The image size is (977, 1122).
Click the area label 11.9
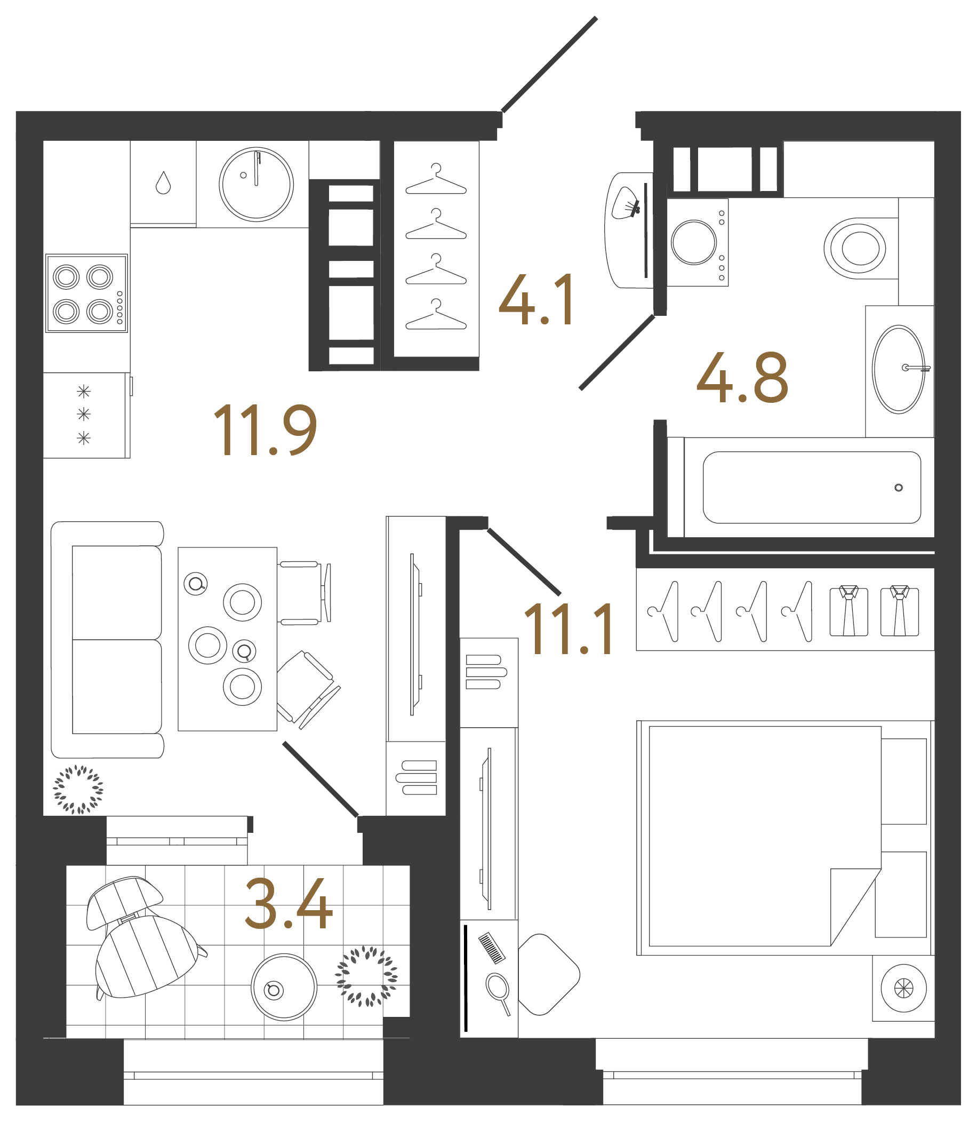(265, 431)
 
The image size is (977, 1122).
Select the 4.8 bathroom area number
(742, 378)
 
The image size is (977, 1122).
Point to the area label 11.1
(568, 629)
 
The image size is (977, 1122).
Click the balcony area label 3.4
(289, 904)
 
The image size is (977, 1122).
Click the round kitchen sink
(256, 185)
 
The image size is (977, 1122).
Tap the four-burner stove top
(86, 293)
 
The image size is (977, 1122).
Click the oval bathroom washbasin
(899, 369)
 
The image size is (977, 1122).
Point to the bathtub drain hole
(899, 488)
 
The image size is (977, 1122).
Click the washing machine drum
(693, 242)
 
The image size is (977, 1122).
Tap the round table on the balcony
(284, 987)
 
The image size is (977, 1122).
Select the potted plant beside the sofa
(78, 790)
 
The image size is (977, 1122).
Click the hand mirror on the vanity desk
(497, 988)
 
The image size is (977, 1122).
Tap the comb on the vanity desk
(491, 948)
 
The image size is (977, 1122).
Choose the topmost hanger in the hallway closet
(436, 180)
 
